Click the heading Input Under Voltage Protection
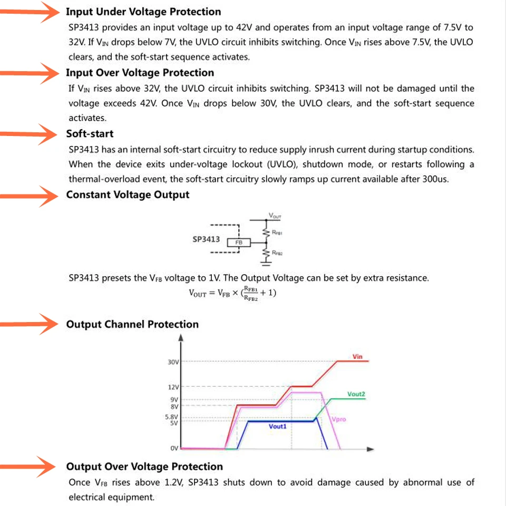143,12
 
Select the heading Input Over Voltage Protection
140,73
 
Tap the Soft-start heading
90,134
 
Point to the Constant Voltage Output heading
128,195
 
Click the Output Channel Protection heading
132,325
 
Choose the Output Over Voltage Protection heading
144,466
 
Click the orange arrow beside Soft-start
29,134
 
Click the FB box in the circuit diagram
238,242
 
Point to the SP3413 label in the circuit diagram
206,239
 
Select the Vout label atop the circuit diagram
275,216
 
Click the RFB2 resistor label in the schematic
278,254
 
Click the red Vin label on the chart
357,357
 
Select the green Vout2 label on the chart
356,394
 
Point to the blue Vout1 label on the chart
277,426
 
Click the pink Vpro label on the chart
339,420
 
